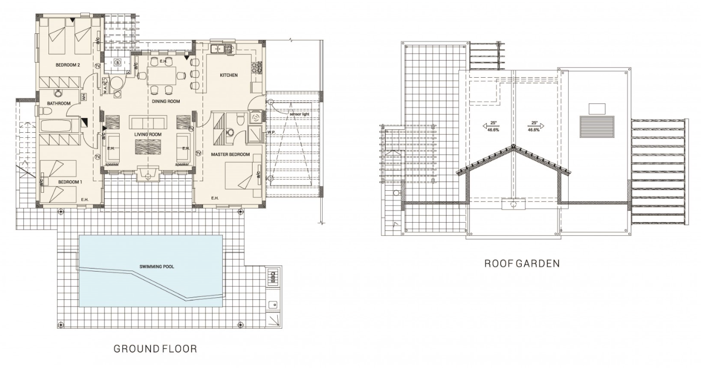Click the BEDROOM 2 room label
coord(68,65)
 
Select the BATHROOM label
coord(59,103)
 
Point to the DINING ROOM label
coord(166,101)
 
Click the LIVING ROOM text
coord(147,135)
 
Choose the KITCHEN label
coord(228,75)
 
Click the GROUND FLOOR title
coord(155,348)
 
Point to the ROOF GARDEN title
coord(522,264)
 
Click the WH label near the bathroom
coord(84,96)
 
